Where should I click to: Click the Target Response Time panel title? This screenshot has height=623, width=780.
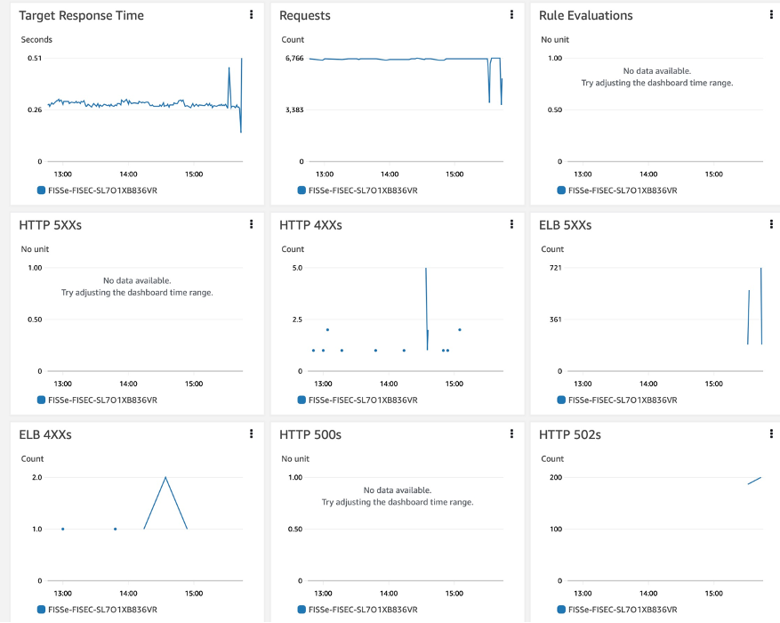pos(81,16)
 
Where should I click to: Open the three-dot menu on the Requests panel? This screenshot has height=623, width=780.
pos(511,15)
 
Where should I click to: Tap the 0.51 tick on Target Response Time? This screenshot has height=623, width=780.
pos(34,58)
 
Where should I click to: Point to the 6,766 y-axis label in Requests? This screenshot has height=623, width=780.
pos(294,58)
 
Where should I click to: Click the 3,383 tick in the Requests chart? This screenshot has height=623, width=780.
pos(294,109)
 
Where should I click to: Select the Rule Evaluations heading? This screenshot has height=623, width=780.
pos(585,16)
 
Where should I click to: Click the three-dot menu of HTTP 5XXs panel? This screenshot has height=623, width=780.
pos(252,225)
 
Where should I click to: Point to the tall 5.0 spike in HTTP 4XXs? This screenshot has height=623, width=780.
pos(426,269)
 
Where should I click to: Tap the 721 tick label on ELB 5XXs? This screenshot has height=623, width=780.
pos(556,268)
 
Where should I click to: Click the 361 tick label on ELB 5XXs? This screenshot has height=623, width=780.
pos(556,320)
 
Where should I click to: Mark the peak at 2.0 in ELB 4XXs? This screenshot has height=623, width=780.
pos(165,478)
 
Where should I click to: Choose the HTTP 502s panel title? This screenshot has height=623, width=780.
pos(575,435)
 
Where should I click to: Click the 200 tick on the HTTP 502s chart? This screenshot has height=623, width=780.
pos(556,478)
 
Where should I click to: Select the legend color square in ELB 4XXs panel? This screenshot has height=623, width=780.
pos(41,610)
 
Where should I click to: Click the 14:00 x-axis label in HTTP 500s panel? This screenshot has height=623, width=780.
pos(389,593)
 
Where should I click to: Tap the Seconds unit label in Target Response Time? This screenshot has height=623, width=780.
pos(36,40)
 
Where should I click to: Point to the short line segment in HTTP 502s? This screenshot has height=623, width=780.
pos(754,481)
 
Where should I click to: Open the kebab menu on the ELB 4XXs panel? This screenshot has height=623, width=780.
pos(252,434)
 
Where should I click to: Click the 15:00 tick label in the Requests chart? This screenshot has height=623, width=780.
pos(454,174)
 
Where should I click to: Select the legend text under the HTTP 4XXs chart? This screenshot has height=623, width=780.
pos(363,400)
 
